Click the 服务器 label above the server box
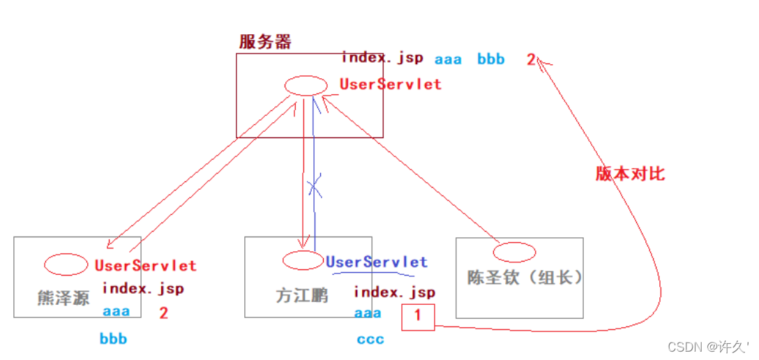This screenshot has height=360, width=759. pos(265,42)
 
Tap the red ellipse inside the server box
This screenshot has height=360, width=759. pos(306,85)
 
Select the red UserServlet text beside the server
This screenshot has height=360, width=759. pos(391,84)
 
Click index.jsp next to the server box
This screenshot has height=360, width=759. pos(382,58)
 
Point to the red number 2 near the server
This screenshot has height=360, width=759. pos(531,60)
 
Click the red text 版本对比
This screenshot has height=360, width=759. pos(630,174)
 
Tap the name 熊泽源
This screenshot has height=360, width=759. pos(63,298)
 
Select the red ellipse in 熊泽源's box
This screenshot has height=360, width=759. pos(66,264)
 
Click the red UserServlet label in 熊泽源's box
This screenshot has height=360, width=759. pos(145,266)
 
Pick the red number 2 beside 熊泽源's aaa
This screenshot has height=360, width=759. pos(163,313)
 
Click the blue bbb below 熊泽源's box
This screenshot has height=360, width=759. pos(113,340)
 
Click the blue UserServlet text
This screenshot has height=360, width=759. pos(377,262)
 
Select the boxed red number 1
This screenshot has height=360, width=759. pos(418,316)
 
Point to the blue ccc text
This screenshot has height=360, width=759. pos(370,340)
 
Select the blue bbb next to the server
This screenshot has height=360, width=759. pos(491,60)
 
